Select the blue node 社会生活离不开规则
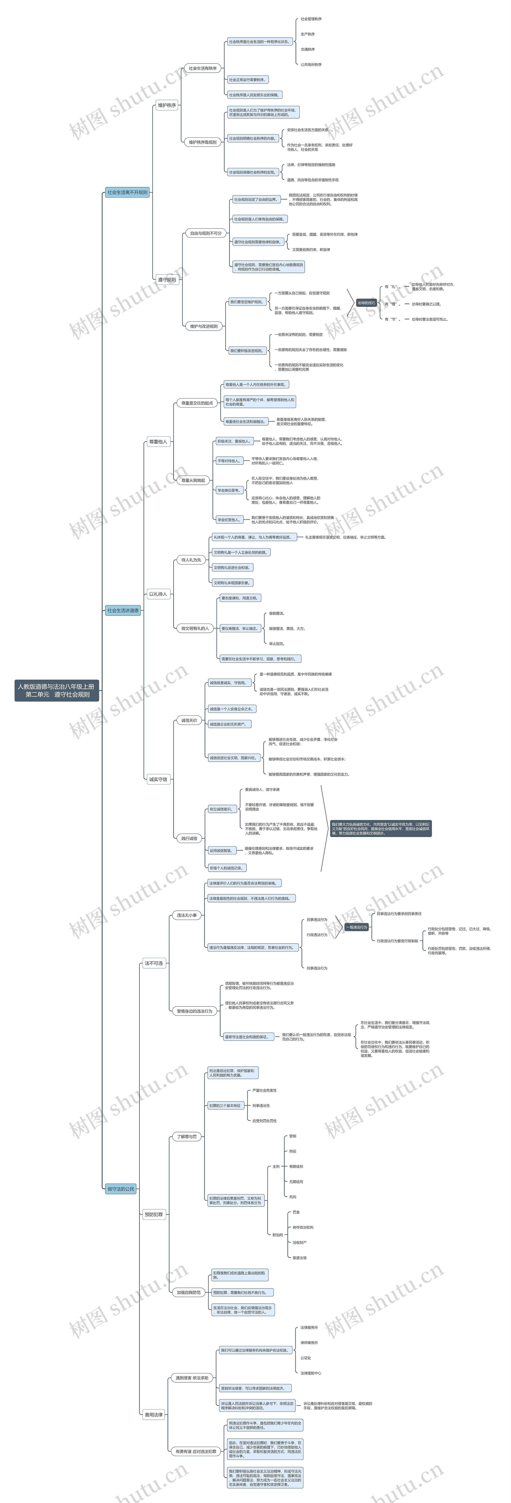click(127, 192)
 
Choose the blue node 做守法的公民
click(121, 1189)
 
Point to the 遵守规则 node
click(167, 280)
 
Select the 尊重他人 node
click(158, 442)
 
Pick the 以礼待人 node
click(158, 594)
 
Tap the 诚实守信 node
click(158, 779)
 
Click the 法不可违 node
click(154, 963)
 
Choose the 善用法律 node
click(154, 1414)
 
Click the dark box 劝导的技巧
click(366, 303)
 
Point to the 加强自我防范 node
click(189, 1292)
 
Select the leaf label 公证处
click(306, 1358)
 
